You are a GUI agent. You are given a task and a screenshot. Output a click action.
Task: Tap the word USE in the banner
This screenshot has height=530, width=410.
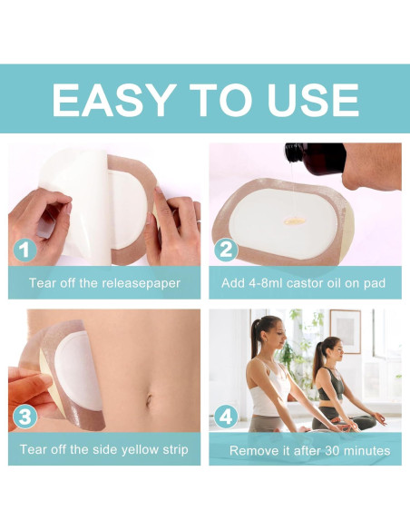(x=313, y=100)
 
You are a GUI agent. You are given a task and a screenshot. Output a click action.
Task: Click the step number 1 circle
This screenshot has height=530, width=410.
(x=24, y=250)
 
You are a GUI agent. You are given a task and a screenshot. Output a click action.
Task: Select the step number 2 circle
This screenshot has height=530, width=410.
(x=226, y=250)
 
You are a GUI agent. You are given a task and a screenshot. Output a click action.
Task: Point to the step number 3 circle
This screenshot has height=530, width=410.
(x=24, y=416)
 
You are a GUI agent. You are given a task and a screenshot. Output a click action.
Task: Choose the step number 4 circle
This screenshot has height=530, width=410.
(x=226, y=416)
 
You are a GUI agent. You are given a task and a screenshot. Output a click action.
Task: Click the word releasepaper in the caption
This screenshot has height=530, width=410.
(x=142, y=283)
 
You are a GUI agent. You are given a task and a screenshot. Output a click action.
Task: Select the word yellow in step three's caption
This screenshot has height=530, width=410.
(x=140, y=450)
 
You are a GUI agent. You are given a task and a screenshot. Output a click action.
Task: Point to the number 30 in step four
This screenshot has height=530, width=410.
(x=332, y=450)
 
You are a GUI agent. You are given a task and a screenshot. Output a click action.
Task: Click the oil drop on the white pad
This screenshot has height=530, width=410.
(x=295, y=221)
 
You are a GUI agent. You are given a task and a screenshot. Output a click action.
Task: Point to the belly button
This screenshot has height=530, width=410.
(x=149, y=400)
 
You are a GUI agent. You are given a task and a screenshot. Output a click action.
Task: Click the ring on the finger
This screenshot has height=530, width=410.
(x=199, y=221)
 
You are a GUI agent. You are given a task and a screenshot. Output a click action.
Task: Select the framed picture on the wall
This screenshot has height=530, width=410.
(x=346, y=331)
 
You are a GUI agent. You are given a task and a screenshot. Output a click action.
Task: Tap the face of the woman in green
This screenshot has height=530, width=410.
(x=337, y=350)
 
